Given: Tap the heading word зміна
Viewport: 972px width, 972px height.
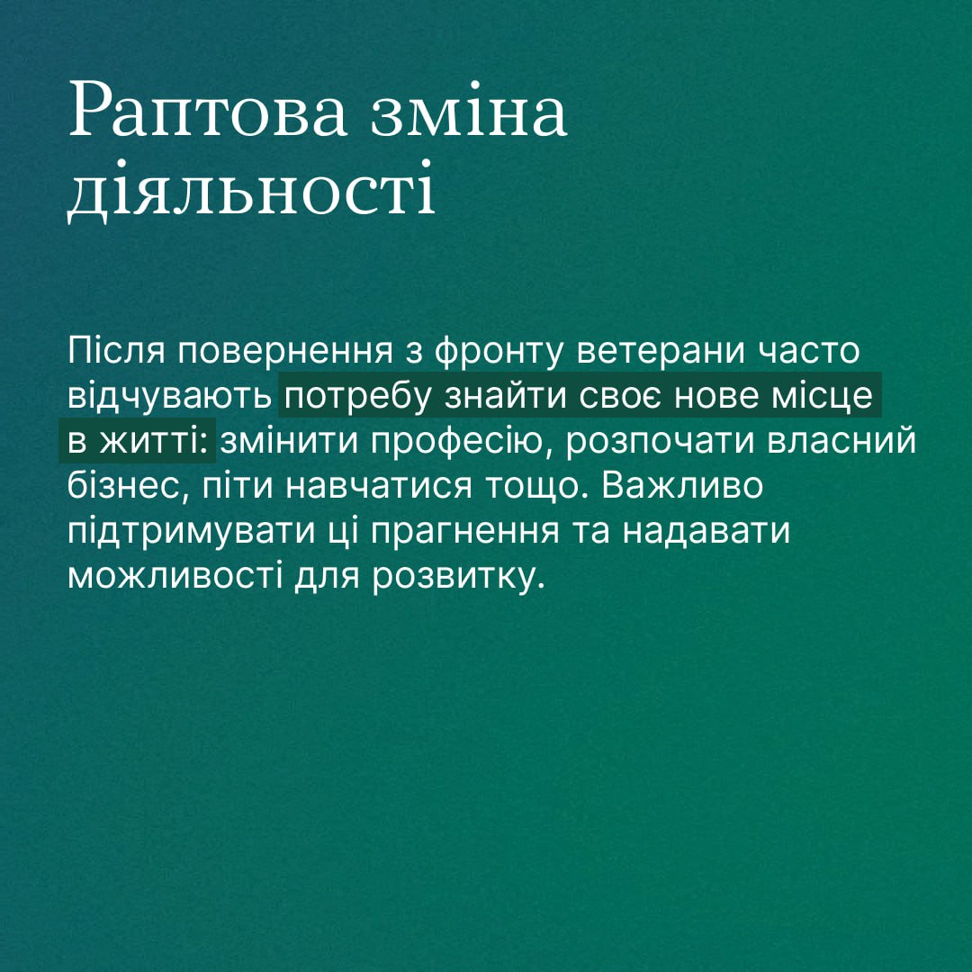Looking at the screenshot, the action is tap(469, 109).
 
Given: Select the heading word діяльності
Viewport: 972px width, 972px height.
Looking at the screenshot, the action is tap(251, 188).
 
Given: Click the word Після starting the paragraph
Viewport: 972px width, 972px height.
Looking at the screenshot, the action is tap(116, 350).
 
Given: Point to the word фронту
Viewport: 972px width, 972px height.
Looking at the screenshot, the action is tap(499, 352).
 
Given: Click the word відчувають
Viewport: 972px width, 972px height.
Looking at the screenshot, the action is tap(170, 397).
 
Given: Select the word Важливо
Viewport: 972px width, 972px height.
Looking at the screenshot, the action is tap(681, 486).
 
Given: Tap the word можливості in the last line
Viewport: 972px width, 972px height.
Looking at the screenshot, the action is tap(175, 577).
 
